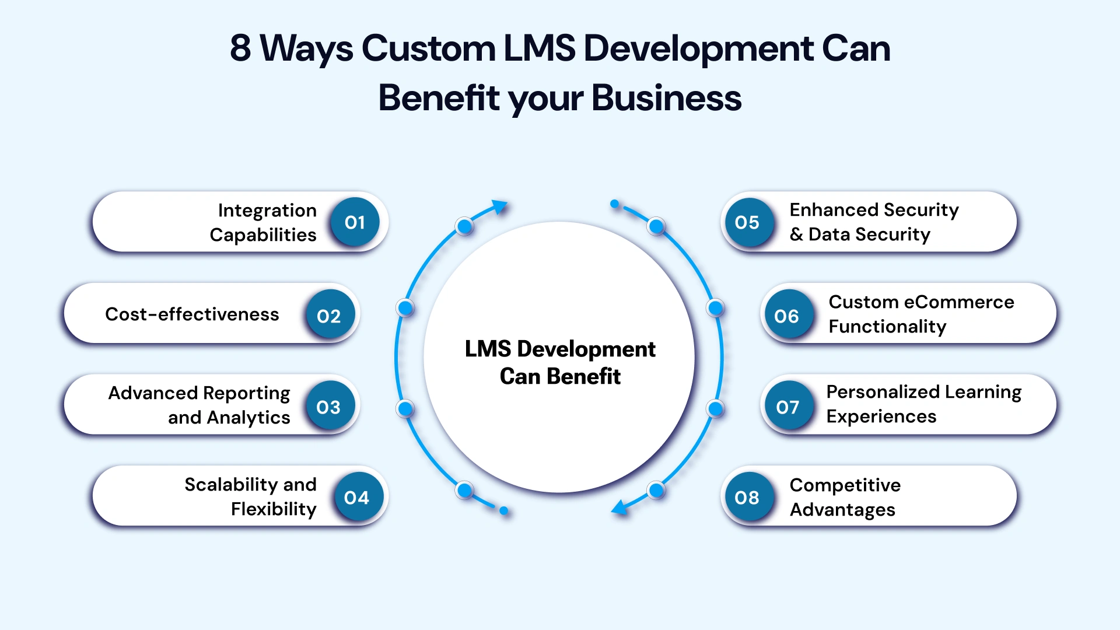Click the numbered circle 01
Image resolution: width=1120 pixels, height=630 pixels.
pyautogui.click(x=355, y=222)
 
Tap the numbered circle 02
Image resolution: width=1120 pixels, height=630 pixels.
pyautogui.click(x=329, y=316)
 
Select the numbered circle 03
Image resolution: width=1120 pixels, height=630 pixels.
pyautogui.click(x=329, y=407)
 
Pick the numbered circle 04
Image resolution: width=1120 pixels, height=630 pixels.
pyautogui.click(x=357, y=498)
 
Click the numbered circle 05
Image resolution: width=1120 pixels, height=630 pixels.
pyautogui.click(x=747, y=222)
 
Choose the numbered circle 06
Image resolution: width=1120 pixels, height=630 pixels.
pyautogui.click(x=786, y=316)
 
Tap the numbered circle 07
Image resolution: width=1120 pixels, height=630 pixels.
pyautogui.click(x=787, y=407)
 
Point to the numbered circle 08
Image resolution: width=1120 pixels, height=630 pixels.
pyautogui.click(x=747, y=498)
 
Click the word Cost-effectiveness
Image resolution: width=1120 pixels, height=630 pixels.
pyautogui.click(x=192, y=314)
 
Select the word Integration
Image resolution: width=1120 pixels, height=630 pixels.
pyautogui.click(x=267, y=210)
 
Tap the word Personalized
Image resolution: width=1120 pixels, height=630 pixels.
pyautogui.click(x=883, y=392)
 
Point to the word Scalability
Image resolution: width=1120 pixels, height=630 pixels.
pyautogui.click(x=231, y=485)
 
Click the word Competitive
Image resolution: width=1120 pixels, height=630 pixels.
pyautogui.click(x=845, y=485)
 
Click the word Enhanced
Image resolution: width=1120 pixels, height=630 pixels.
pyautogui.click(x=834, y=210)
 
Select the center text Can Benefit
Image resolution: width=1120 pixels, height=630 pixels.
pyautogui.click(x=560, y=377)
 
